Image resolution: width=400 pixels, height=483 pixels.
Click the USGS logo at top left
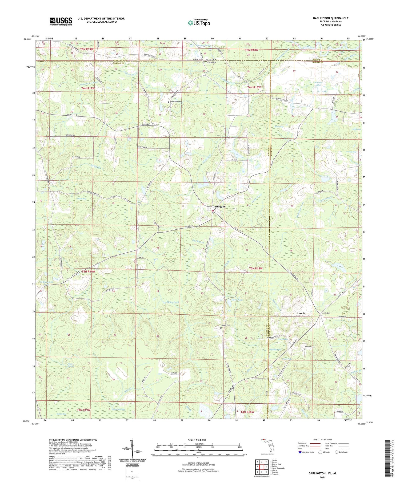(x=61, y=21)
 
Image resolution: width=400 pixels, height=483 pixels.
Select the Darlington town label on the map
(x=219, y=206)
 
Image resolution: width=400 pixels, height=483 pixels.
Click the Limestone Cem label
(x=176, y=102)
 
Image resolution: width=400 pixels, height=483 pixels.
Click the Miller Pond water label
(x=173, y=302)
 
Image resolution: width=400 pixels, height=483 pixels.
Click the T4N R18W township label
(x=247, y=412)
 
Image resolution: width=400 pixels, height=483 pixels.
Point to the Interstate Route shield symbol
(x=300, y=452)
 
